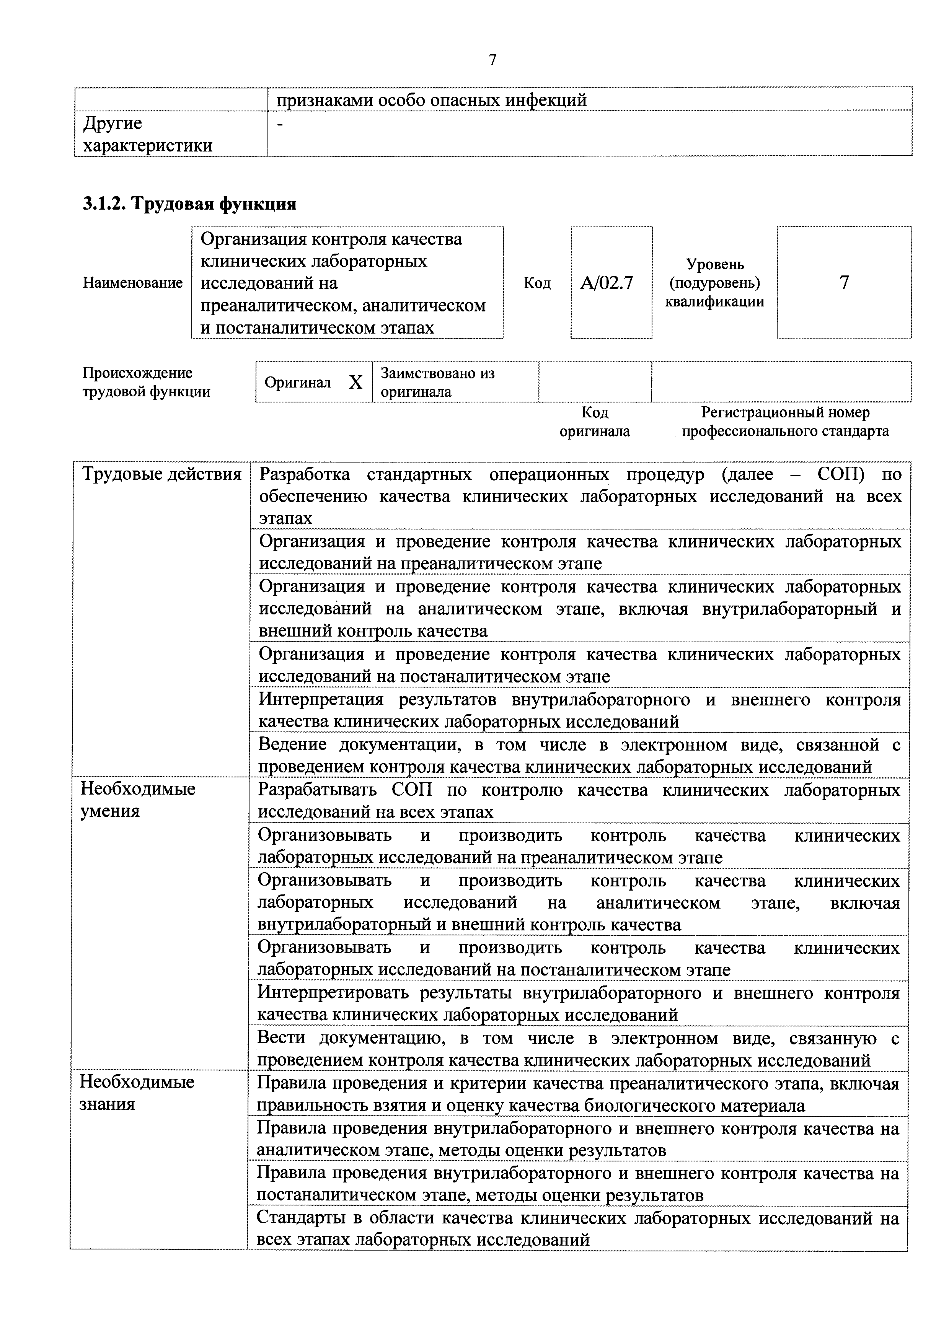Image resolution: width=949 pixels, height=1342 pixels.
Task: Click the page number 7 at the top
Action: [492, 60]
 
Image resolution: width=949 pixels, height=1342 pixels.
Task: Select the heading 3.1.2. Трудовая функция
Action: [189, 204]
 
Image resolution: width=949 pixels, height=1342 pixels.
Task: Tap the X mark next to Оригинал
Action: [355, 382]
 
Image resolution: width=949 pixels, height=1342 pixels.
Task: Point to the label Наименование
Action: [133, 283]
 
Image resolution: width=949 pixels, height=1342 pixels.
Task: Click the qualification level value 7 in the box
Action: [844, 283]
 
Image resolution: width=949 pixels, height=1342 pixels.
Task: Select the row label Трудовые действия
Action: [162, 474]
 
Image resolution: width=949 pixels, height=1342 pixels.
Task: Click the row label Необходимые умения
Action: [138, 800]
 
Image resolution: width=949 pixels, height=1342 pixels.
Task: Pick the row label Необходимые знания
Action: [137, 1093]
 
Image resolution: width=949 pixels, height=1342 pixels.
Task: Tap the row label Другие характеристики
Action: [147, 134]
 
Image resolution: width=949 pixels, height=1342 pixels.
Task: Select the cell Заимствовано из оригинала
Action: [437, 382]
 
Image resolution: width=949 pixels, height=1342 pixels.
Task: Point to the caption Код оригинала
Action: [595, 422]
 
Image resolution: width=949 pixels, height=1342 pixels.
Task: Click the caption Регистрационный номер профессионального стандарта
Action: [785, 422]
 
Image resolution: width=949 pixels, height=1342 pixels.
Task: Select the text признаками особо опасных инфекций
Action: [432, 101]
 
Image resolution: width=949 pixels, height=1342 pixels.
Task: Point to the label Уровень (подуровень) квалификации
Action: [714, 283]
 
